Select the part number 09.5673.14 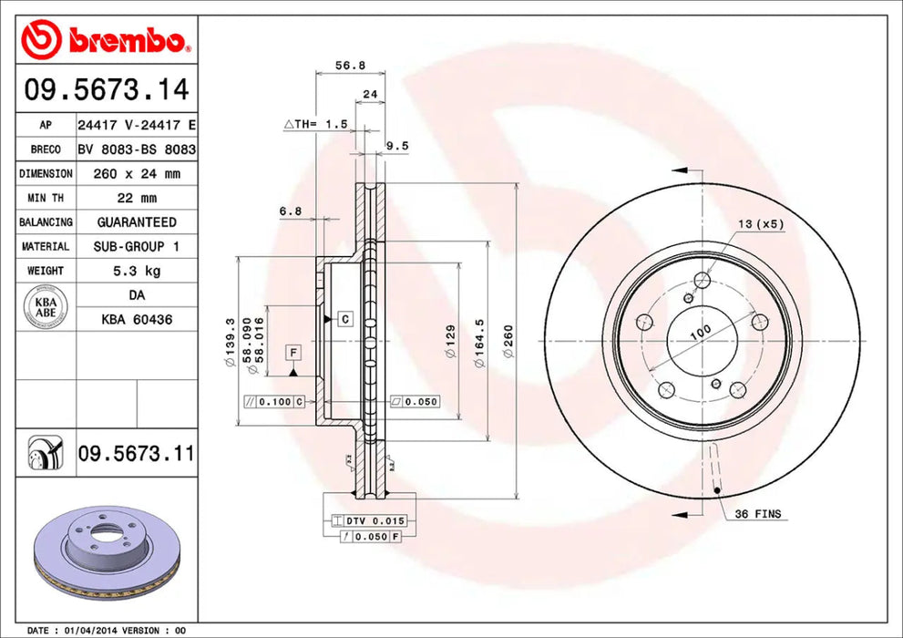pyautogui.click(x=107, y=89)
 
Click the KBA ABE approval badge pyautogui.click(x=46, y=307)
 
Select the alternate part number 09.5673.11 pyautogui.click(x=136, y=452)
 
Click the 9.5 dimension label pyautogui.click(x=397, y=145)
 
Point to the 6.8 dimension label pyautogui.click(x=291, y=211)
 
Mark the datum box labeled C pyautogui.click(x=345, y=319)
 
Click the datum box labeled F pyautogui.click(x=293, y=352)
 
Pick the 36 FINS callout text pyautogui.click(x=757, y=514)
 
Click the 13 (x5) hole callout pyautogui.click(x=761, y=223)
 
